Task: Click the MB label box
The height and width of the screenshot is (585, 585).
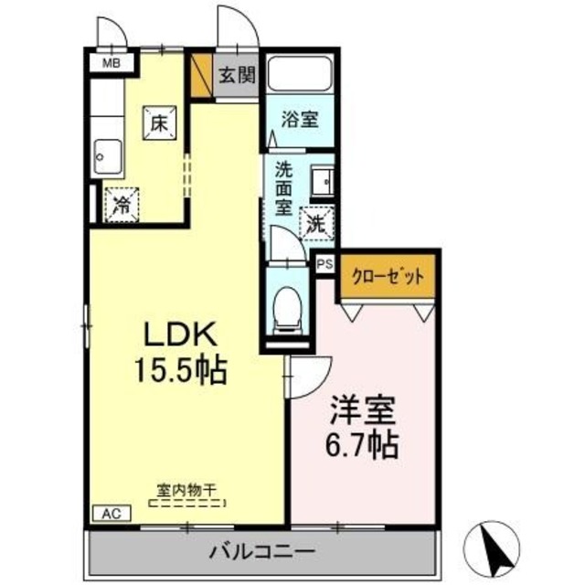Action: [111, 63]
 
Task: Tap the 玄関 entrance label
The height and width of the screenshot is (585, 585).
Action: [237, 76]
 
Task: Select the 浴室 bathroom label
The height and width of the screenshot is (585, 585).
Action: [300, 119]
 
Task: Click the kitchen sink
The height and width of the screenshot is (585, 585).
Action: [108, 157]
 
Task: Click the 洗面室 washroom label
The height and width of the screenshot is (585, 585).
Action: [285, 187]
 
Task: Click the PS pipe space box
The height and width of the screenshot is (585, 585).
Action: [324, 262]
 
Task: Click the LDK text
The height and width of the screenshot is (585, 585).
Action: [178, 332]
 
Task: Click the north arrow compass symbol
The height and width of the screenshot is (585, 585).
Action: [495, 547]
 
